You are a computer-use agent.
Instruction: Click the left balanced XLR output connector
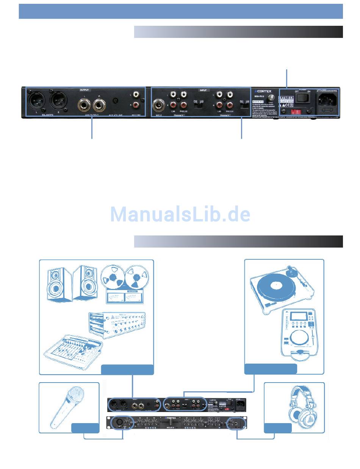(x=36, y=100)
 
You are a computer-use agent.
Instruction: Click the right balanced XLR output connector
(x=58, y=100)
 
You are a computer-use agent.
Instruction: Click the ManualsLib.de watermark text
(x=180, y=215)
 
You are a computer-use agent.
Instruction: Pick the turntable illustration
(x=282, y=286)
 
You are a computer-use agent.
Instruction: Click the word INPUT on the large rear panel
(x=204, y=90)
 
